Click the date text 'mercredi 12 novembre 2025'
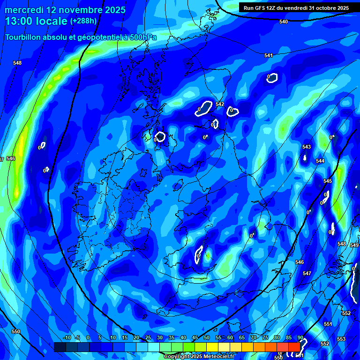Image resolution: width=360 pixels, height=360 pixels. [65, 10]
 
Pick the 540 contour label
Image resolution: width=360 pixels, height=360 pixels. [284, 22]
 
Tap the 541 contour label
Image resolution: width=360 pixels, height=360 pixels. [269, 56]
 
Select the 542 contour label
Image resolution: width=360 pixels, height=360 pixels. [220, 105]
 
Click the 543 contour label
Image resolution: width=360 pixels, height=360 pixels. [307, 147]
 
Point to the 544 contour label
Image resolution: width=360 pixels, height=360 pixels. [320, 161]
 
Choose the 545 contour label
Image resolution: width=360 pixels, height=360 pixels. [328, 181]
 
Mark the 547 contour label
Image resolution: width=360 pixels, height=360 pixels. [307, 273]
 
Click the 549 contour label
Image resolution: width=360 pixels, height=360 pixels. [354, 245]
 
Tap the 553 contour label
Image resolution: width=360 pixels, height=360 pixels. [341, 339]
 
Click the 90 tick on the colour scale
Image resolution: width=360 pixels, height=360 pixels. [300, 338]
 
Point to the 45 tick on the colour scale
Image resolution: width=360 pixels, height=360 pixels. [195, 338]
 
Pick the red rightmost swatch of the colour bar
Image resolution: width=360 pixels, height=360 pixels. [294, 347]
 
